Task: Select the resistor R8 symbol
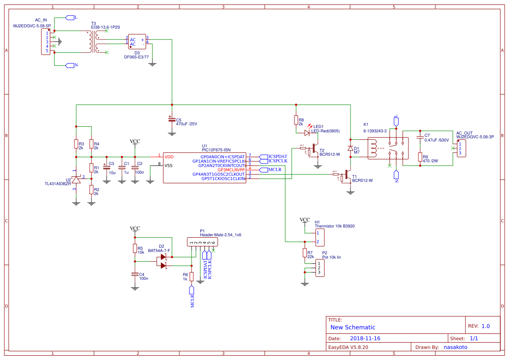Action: [296, 120]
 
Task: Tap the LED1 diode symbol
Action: [307, 133]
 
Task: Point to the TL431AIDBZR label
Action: [57, 184]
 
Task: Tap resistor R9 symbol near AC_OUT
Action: [420, 157]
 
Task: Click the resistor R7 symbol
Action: [304, 253]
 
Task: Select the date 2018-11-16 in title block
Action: [365, 338]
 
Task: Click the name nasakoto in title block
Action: [455, 347]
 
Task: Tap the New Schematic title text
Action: [353, 327]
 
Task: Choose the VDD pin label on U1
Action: [169, 156]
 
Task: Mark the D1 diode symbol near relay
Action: [350, 148]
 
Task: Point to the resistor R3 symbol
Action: [76, 144]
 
